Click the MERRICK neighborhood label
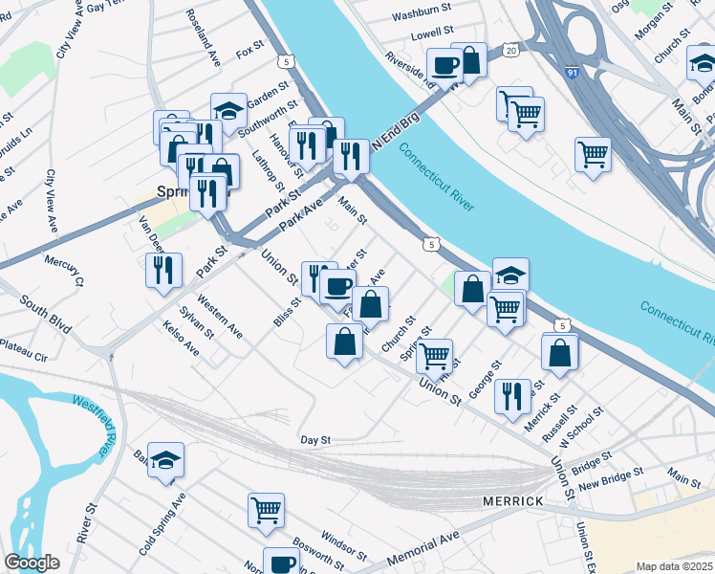(x=513, y=501)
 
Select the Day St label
(x=314, y=440)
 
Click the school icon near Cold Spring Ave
(x=165, y=460)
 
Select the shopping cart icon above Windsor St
(x=266, y=509)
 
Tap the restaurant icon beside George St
(x=512, y=394)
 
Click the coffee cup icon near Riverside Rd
(x=444, y=65)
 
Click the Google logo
(x=32, y=563)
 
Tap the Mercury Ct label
(x=64, y=270)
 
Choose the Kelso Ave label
(x=182, y=338)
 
